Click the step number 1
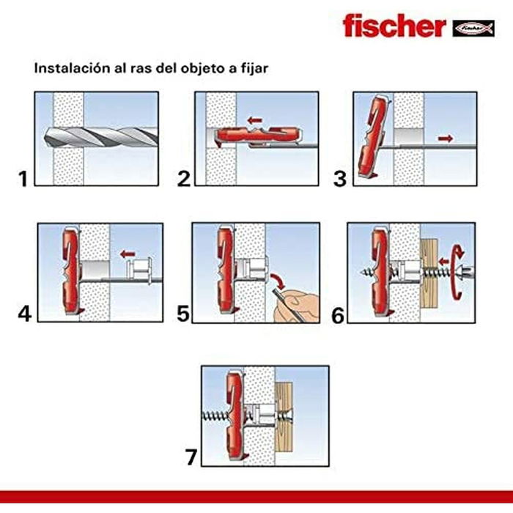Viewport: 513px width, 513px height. tap(24, 177)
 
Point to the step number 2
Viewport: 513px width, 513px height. tap(184, 177)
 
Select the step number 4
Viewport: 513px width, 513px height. tap(25, 314)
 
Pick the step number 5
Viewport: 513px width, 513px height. tap(184, 314)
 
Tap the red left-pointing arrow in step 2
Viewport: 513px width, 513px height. tap(254, 119)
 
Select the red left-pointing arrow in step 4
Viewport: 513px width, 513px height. tap(129, 255)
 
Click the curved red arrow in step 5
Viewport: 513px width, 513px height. tap(278, 281)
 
